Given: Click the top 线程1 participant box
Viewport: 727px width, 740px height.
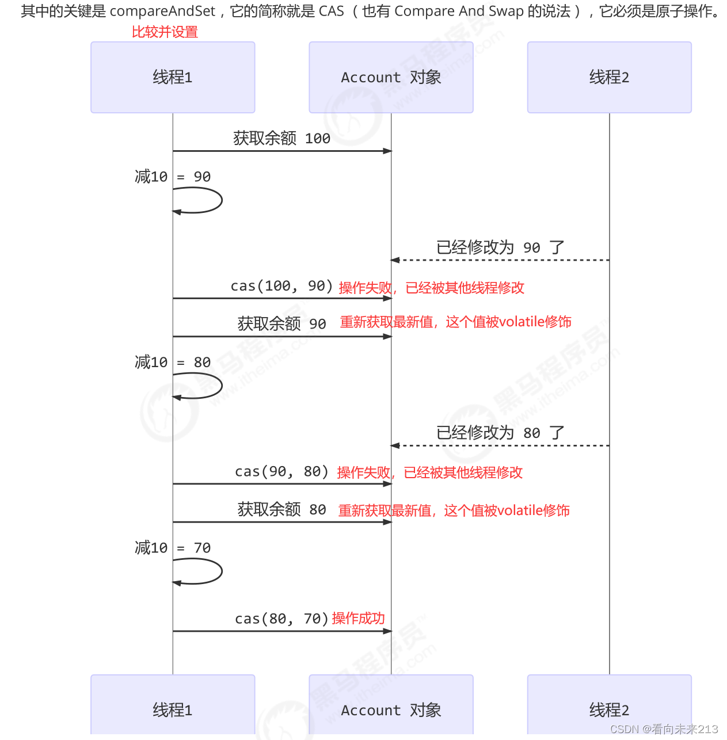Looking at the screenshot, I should coord(173,77).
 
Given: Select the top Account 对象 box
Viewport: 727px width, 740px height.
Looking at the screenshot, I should coord(391,77).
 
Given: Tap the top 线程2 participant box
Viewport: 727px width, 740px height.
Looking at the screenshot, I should coord(609,77).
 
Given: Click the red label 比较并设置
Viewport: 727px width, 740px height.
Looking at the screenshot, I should coord(165,32).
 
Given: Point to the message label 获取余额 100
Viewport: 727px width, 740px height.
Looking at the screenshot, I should coord(281,138).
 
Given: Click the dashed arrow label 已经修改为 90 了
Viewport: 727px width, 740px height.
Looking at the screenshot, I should coord(500,247).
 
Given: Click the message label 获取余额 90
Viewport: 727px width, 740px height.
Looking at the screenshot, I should coord(281,324).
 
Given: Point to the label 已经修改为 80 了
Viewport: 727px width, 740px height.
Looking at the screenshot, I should coord(500,433).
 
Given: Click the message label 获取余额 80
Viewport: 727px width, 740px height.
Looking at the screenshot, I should coord(281,509).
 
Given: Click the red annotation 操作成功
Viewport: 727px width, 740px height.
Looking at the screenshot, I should coord(358,619).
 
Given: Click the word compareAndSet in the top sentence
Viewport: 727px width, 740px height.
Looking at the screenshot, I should coord(162,11).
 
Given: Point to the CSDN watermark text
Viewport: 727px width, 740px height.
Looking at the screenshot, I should coord(664,729).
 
